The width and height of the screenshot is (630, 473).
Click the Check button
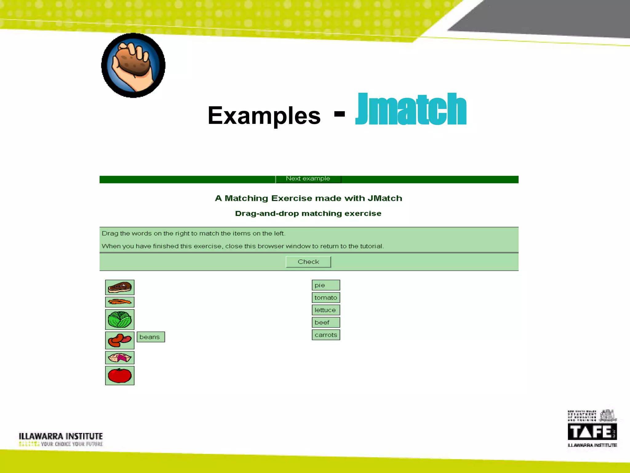tap(308, 262)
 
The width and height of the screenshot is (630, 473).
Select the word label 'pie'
tap(326, 285)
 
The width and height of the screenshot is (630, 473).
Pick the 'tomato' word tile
tap(326, 297)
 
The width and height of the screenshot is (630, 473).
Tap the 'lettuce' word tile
tap(326, 310)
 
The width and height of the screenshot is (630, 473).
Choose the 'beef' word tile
tap(326, 322)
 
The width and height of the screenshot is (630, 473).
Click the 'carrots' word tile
tap(326, 335)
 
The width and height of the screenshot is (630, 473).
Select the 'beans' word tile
tap(150, 337)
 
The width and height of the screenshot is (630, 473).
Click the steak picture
tap(120, 287)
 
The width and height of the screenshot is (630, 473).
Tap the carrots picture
tap(120, 302)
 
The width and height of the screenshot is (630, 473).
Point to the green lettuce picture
tap(120, 320)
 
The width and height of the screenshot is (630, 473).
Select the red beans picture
tap(120, 340)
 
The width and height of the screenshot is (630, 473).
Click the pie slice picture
tap(120, 358)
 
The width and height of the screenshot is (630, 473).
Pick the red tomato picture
tap(120, 376)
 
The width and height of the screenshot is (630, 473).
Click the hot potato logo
tap(133, 66)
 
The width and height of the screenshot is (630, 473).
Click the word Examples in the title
tap(264, 115)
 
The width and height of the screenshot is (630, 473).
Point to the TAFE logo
tap(592, 431)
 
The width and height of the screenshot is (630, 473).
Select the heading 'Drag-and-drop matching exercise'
tap(308, 213)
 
